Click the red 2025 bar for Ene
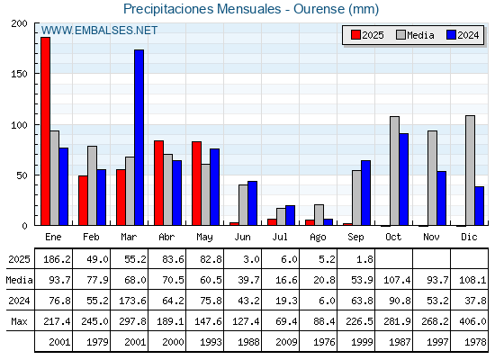click(x=45, y=131)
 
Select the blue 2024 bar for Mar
click(x=139, y=138)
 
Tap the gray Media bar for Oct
click(x=395, y=171)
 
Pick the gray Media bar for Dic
click(x=470, y=170)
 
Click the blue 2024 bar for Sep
click(x=365, y=193)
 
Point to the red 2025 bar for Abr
click(x=158, y=183)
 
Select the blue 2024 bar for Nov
click(x=442, y=198)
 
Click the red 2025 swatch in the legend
click(x=355, y=35)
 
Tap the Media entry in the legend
click(x=415, y=35)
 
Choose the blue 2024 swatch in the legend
click(x=452, y=35)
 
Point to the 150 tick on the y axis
click(x=19, y=74)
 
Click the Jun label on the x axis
click(x=242, y=237)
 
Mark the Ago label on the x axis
click(x=318, y=238)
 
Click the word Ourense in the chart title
click(x=319, y=9)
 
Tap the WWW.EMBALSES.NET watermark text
click(x=99, y=31)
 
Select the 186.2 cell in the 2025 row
click(x=57, y=259)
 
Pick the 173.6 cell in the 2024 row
click(x=132, y=301)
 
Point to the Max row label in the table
click(x=19, y=321)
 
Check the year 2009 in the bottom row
click(x=286, y=342)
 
